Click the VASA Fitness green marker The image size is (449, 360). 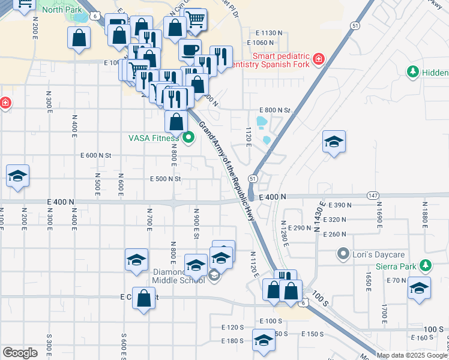coord(188,138)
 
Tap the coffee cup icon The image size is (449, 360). coord(190,50)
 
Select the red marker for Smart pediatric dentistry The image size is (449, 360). coord(318,59)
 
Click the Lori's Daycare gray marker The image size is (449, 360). coord(343,253)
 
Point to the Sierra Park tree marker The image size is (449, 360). coord(426,265)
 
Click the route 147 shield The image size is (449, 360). coord(372,196)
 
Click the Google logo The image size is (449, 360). coord(20,352)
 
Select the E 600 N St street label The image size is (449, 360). coord(97,155)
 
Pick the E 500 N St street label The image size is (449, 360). coord(166,179)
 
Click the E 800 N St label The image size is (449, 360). coord(274,110)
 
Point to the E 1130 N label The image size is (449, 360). coord(268,32)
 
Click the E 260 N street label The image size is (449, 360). coord(334,234)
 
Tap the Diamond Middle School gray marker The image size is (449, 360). coord(214,275)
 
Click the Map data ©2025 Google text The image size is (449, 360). coord(411,355)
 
